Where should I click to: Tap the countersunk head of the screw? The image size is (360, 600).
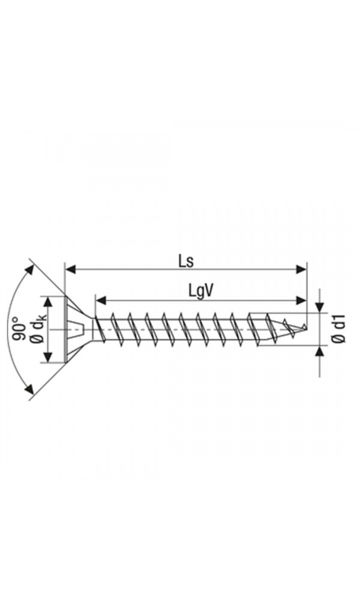click(75, 329)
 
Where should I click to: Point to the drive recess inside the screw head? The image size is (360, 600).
click(74, 329)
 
